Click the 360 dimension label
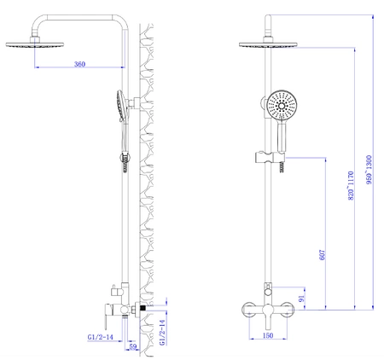[x=79, y=64]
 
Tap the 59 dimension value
[x=133, y=346]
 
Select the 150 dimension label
[x=268, y=335]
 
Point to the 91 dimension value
[x=301, y=299]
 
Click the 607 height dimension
[x=323, y=255]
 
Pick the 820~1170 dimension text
[x=351, y=185]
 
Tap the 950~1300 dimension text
[x=369, y=170]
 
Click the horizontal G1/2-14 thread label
[x=100, y=337]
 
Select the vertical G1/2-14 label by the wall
[x=162, y=333]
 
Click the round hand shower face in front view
[x=282, y=106]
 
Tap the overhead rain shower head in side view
[x=35, y=44]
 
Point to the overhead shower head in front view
[x=268, y=44]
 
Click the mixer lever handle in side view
[x=107, y=316]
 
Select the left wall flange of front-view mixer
[x=248, y=310]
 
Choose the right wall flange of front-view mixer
[x=287, y=310]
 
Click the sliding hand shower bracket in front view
[x=270, y=158]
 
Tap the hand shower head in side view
[x=120, y=106]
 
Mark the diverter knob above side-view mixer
[x=114, y=290]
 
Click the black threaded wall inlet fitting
[x=143, y=308]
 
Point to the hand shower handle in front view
[x=282, y=136]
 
